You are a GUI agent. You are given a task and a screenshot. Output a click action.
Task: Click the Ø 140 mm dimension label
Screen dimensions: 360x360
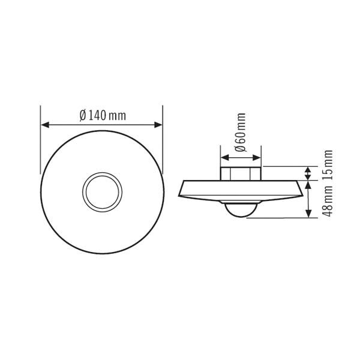click(103, 115)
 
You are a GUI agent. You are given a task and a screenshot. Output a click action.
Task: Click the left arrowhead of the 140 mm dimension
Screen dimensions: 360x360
click(44, 125)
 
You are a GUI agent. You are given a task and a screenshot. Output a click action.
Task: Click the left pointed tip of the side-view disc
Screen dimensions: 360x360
click(179, 195)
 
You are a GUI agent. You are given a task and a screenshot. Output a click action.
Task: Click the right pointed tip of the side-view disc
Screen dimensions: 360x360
click(302, 195)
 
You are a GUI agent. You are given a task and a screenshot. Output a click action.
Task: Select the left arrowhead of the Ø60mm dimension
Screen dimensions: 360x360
click(224, 158)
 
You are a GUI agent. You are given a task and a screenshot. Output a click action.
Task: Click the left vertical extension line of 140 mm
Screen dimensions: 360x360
click(41, 144)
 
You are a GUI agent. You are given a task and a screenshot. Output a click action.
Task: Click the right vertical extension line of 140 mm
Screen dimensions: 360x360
click(163, 144)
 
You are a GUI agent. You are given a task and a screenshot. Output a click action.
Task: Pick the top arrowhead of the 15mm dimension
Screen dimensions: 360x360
click(308, 170)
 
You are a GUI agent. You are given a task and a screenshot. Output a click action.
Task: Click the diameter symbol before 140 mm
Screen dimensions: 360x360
click(82, 115)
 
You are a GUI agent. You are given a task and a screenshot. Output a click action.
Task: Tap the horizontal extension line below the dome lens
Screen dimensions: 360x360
click(282, 218)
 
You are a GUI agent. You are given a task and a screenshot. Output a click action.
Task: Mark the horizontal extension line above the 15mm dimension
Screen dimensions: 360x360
click(288, 167)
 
